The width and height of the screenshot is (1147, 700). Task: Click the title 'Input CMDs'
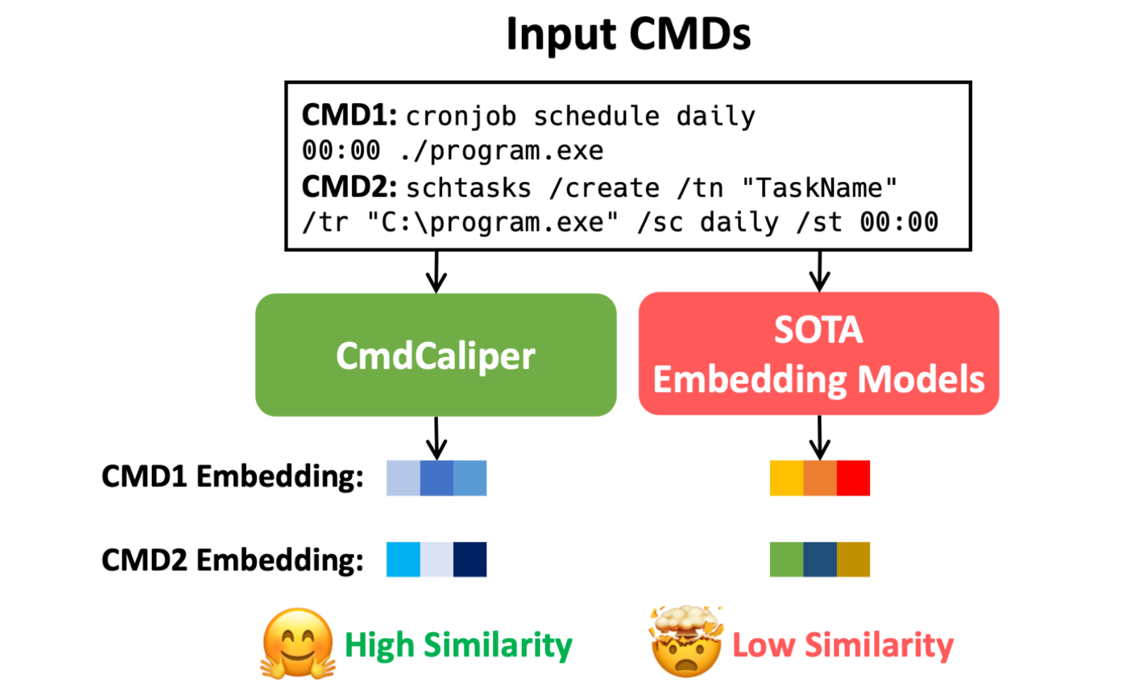(x=628, y=34)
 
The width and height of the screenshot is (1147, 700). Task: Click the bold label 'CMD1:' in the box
(x=349, y=115)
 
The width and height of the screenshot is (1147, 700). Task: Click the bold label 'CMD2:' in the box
(x=349, y=187)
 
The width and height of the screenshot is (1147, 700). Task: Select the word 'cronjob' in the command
(x=461, y=116)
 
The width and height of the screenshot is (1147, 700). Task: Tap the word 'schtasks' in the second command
(x=469, y=189)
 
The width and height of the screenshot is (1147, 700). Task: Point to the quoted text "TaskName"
(x=819, y=188)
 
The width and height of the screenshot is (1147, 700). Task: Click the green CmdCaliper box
(x=436, y=355)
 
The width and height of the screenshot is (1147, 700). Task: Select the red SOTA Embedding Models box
(x=819, y=354)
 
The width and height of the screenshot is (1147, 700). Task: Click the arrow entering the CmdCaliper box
(x=436, y=272)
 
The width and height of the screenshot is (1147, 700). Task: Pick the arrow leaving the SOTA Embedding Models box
(x=819, y=438)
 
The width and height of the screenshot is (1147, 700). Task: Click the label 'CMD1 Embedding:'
(x=232, y=477)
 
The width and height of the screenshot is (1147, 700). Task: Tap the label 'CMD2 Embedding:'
(x=232, y=560)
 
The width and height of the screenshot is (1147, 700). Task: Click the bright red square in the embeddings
(x=853, y=478)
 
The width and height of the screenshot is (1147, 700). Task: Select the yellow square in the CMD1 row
(x=786, y=478)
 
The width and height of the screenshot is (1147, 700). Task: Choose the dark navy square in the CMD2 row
(x=470, y=560)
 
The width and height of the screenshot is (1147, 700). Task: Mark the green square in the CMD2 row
(x=786, y=560)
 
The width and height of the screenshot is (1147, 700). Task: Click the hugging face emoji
(x=298, y=644)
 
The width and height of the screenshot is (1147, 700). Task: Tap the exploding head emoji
(x=686, y=642)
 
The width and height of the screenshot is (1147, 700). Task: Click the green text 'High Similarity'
(x=458, y=645)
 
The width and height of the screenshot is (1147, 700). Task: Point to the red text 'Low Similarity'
(x=843, y=645)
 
